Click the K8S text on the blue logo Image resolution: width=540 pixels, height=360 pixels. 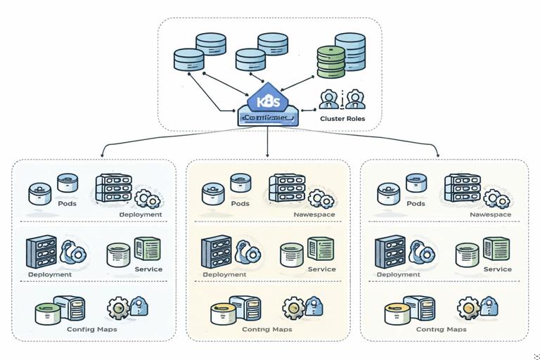click(269, 101)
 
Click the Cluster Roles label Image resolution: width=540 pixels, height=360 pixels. click(342, 119)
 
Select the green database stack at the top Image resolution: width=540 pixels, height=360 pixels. click(331, 61)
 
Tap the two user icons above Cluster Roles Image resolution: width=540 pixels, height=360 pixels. click(341, 98)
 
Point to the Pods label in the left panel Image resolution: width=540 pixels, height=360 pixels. click(67, 204)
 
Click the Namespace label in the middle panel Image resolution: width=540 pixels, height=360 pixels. click(314, 214)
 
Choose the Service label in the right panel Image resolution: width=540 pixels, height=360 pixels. click(497, 269)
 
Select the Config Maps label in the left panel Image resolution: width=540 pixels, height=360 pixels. click(91, 329)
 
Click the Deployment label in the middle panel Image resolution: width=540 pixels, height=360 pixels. click(224, 274)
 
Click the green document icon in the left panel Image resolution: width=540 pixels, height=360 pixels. click(148, 250)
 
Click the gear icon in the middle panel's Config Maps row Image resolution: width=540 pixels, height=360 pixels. click(294, 308)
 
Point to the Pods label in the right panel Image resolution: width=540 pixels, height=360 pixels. click(416, 204)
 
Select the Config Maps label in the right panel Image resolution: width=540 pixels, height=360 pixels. click(441, 329)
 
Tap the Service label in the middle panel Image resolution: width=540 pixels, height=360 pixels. click(322, 269)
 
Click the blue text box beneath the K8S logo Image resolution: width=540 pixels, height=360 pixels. click(269, 119)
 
